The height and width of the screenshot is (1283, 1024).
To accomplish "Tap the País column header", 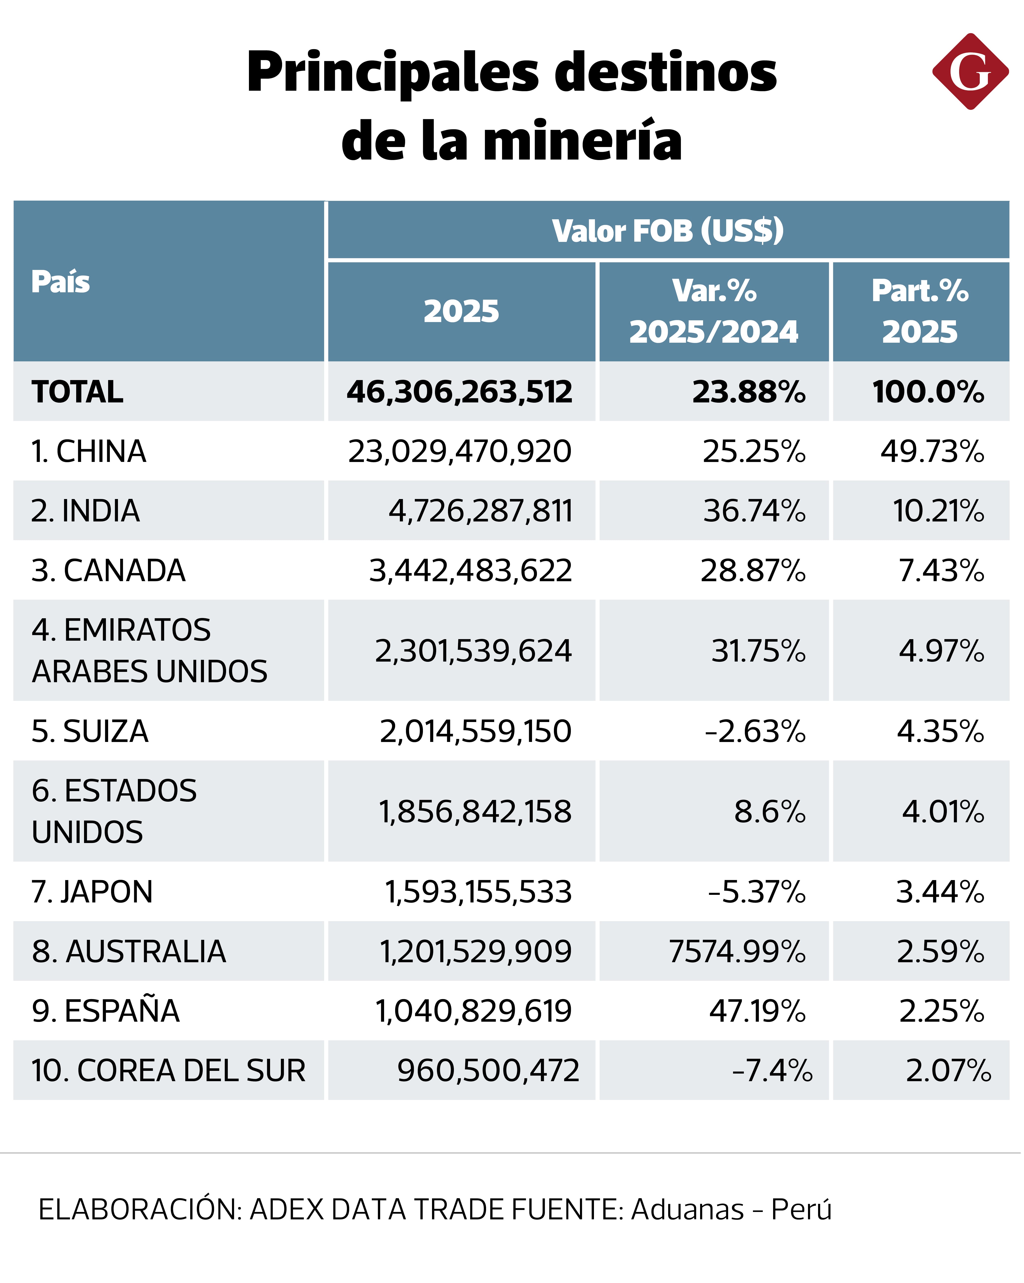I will click(61, 281).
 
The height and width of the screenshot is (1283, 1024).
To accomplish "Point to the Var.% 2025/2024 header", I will click(714, 311).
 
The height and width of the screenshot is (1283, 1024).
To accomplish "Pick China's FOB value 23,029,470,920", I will click(459, 451).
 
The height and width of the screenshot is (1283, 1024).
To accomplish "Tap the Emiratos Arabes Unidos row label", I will click(149, 650).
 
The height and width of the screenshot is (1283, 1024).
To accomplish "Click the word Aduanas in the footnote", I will click(687, 1210).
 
